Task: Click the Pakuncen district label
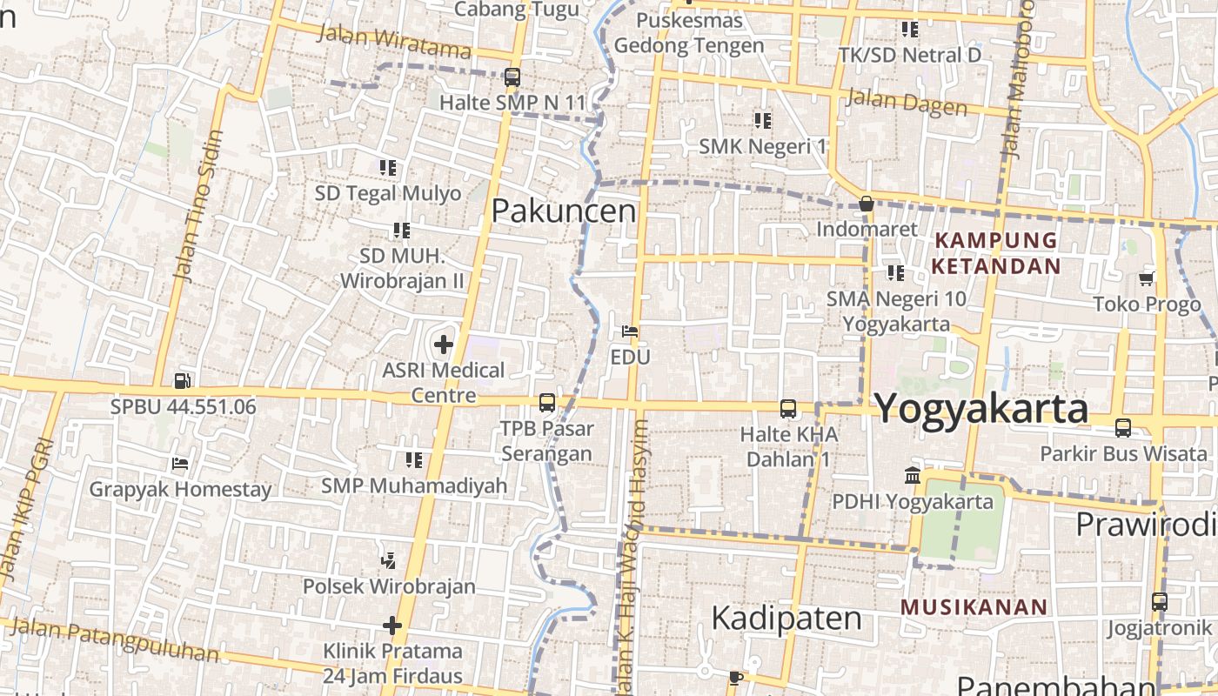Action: click(x=564, y=211)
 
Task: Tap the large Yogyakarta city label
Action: click(x=980, y=408)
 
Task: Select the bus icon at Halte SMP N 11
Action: click(x=512, y=77)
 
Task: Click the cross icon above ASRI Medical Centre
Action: click(x=444, y=345)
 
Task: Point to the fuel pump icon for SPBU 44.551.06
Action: click(x=182, y=380)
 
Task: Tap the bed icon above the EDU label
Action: click(x=630, y=331)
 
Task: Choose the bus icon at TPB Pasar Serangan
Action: click(x=547, y=403)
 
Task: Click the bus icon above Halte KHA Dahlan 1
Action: click(x=788, y=409)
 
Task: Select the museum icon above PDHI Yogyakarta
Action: click(x=913, y=476)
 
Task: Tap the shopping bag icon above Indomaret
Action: click(x=867, y=204)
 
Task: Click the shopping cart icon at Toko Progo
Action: click(x=1147, y=279)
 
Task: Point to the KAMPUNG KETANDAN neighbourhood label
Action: click(x=996, y=252)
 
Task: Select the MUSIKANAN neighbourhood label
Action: click(x=974, y=607)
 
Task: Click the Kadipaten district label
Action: click(x=786, y=619)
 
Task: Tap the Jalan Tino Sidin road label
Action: click(x=199, y=206)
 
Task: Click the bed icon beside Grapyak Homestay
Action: click(x=180, y=464)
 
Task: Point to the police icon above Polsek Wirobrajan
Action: click(x=389, y=561)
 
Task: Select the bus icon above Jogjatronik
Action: click(x=1159, y=602)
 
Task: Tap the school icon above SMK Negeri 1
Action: click(x=763, y=120)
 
